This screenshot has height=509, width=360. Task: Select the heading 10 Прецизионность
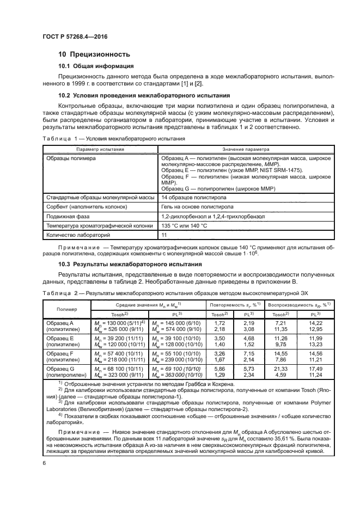94,54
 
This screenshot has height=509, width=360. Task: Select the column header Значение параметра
246,149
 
